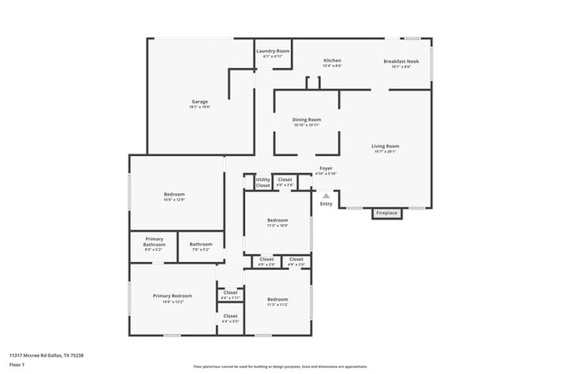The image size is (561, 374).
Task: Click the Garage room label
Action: point(199,102)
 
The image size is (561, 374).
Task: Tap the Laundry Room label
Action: point(273,51)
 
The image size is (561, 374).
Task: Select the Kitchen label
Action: point(332,60)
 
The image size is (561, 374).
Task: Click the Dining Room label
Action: point(306,120)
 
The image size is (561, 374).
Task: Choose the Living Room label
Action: point(385,146)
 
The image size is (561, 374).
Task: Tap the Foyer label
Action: point(325,168)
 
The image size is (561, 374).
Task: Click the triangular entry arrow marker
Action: point(326,196)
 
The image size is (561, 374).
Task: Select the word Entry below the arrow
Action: point(326,203)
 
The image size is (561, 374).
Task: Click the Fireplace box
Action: point(387,212)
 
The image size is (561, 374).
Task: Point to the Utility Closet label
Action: point(263,183)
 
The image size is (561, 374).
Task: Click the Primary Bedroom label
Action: point(173,296)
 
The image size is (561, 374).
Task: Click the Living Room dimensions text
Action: point(385,151)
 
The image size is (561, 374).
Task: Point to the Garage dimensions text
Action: point(199,107)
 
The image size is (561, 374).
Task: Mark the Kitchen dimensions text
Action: point(332,65)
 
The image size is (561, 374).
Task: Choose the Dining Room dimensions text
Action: point(306,125)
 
